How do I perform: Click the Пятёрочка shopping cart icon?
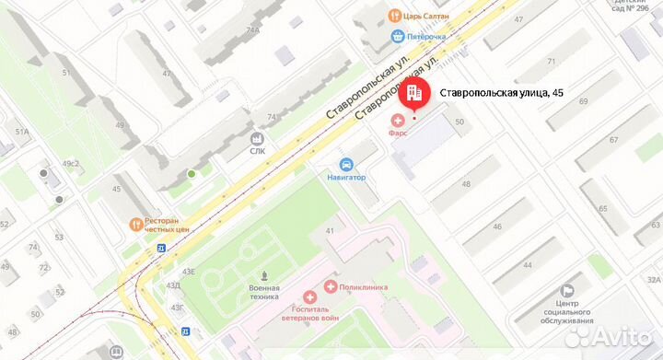[397, 37]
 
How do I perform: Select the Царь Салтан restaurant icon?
[394, 15]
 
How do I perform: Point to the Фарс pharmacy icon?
[399, 120]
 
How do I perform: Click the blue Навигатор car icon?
[346, 164]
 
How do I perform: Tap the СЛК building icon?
[257, 137]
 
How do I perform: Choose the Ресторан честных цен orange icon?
[135, 223]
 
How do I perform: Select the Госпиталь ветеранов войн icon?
[311, 297]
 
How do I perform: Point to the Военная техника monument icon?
[265, 275]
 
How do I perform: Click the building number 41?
[330, 229]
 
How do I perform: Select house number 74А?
[252, 30]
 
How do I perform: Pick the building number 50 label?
[458, 122]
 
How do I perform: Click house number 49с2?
[71, 164]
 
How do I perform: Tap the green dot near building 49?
[192, 173]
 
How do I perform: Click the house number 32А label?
[653, 280]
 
